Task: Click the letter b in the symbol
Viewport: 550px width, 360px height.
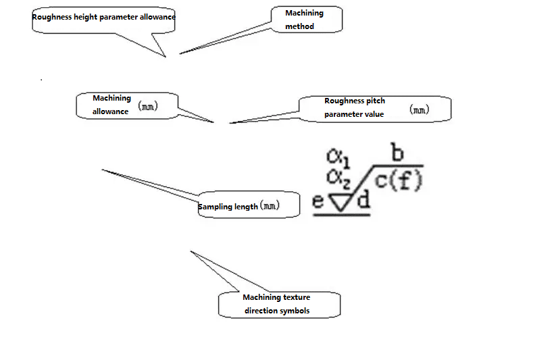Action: tap(397, 152)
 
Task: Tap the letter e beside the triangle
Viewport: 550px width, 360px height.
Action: tap(318, 201)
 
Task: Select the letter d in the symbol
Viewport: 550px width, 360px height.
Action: tap(364, 199)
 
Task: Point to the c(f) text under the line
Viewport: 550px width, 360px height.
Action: tap(399, 180)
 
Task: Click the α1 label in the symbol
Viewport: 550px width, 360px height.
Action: tap(338, 158)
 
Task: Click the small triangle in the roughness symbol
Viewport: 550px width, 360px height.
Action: tap(340, 203)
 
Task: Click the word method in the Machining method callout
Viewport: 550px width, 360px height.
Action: tap(299, 26)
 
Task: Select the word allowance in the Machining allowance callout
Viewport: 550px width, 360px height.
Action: tap(110, 111)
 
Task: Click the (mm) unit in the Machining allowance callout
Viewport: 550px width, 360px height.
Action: tap(148, 106)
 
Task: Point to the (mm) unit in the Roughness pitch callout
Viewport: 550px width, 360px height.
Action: tap(419, 109)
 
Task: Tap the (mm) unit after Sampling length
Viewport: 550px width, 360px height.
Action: tap(270, 205)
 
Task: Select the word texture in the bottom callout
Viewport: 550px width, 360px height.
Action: tap(297, 297)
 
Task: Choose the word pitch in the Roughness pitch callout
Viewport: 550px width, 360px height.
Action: tap(375, 101)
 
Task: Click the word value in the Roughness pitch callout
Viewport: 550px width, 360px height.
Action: tap(374, 114)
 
